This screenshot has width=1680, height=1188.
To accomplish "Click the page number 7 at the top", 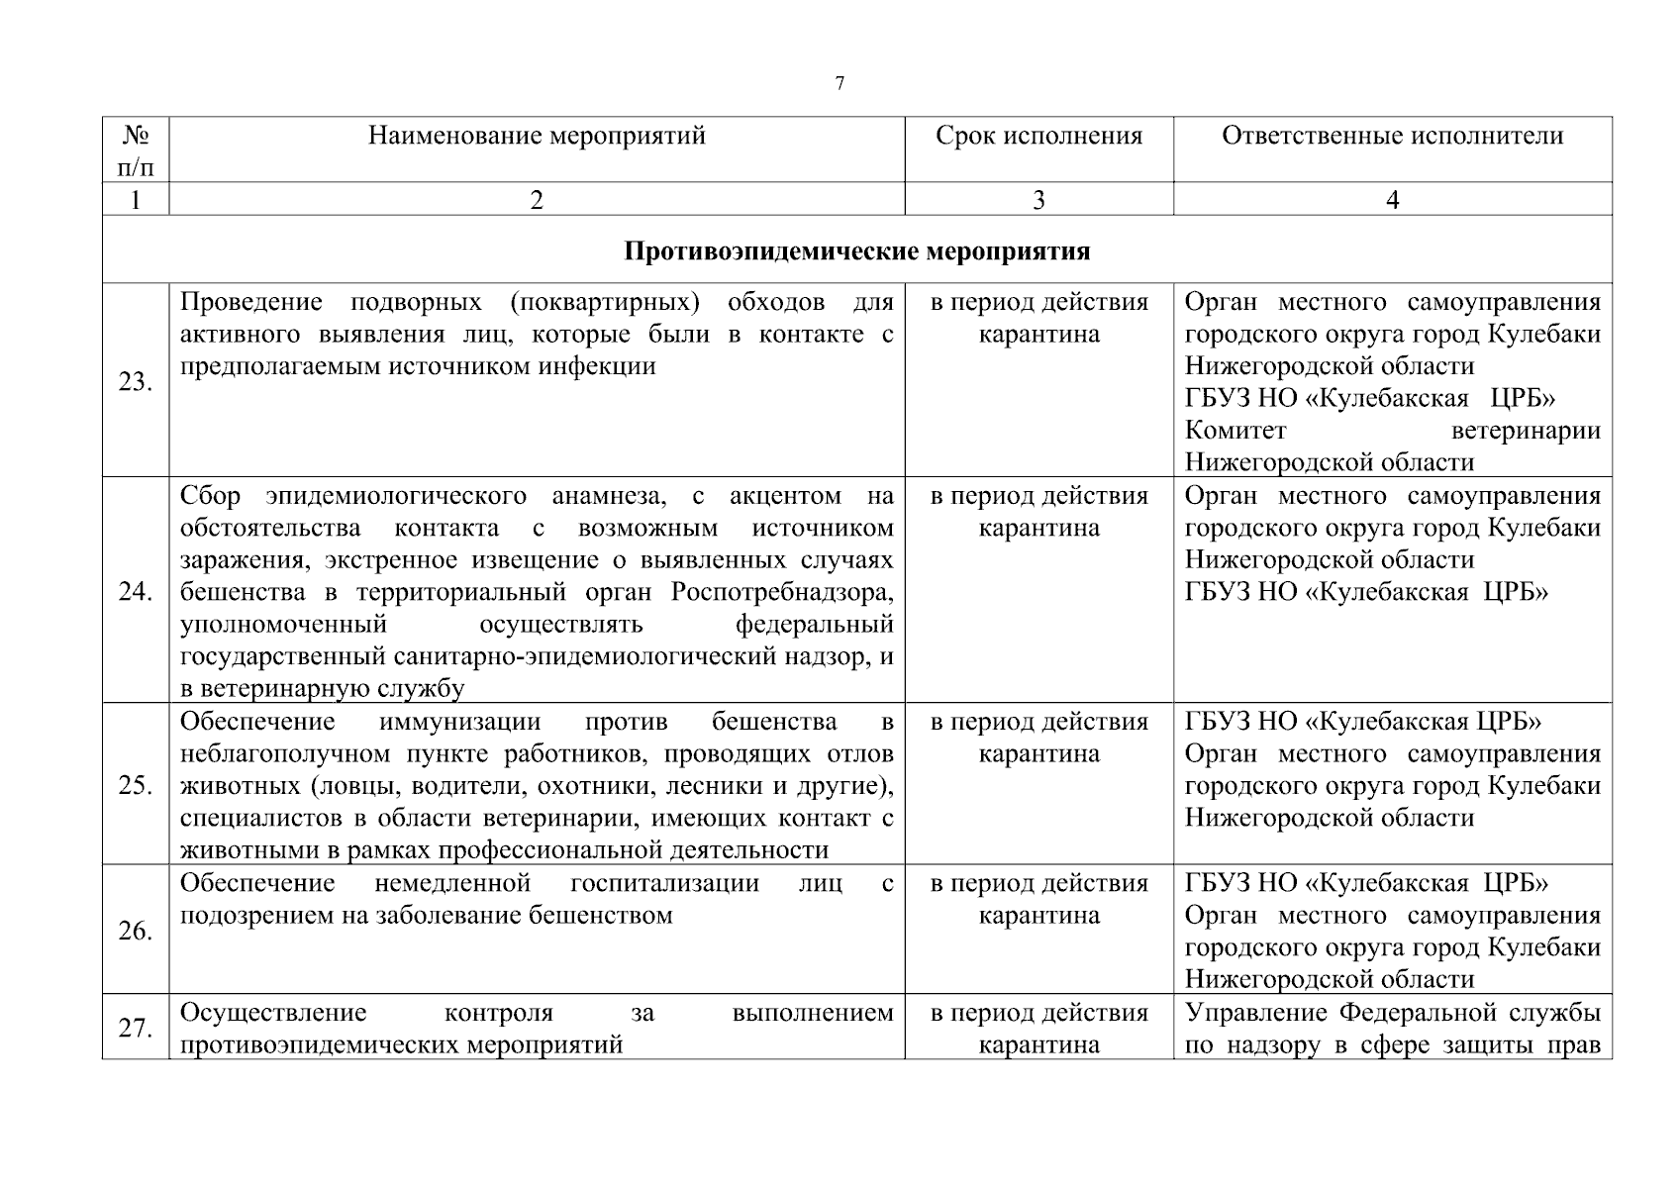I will tap(840, 83).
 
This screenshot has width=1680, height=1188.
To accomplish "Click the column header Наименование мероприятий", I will tap(537, 136).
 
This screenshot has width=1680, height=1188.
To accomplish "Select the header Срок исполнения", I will tap(1038, 136).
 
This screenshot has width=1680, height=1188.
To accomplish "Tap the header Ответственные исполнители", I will tap(1392, 136).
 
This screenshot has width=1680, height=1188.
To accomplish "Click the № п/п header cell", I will tap(136, 149).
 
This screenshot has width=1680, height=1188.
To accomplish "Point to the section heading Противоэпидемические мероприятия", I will tap(856, 251).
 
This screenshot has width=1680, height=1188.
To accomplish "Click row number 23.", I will tap(136, 382).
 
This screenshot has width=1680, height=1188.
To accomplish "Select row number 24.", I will tap(136, 592).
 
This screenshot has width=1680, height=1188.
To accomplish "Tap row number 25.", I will tap(136, 786).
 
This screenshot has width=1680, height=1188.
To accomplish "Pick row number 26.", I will tap(136, 932).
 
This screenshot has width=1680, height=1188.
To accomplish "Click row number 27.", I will tap(136, 1029).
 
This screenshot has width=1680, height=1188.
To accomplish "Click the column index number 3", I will tap(1038, 200).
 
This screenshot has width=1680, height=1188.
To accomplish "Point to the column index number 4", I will tap(1392, 200).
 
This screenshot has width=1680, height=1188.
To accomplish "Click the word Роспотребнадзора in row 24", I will tap(782, 592).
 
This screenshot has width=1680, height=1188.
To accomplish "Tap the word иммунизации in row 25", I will tap(460, 722).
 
